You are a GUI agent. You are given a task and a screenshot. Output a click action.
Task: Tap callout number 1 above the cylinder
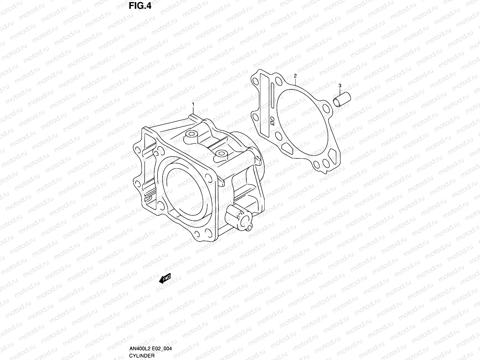click(x=193, y=104)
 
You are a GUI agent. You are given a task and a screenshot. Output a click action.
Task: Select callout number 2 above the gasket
click(x=295, y=75)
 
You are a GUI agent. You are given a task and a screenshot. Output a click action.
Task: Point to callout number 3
click(x=340, y=86)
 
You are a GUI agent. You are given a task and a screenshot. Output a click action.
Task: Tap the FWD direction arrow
click(x=165, y=279)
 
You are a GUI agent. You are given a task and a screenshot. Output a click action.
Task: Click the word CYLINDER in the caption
click(x=142, y=355)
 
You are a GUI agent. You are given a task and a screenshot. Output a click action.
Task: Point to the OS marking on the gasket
click(x=272, y=121)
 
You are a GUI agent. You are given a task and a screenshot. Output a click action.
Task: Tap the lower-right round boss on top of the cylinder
click(x=221, y=154)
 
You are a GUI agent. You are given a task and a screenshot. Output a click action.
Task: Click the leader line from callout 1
click(x=193, y=110)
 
